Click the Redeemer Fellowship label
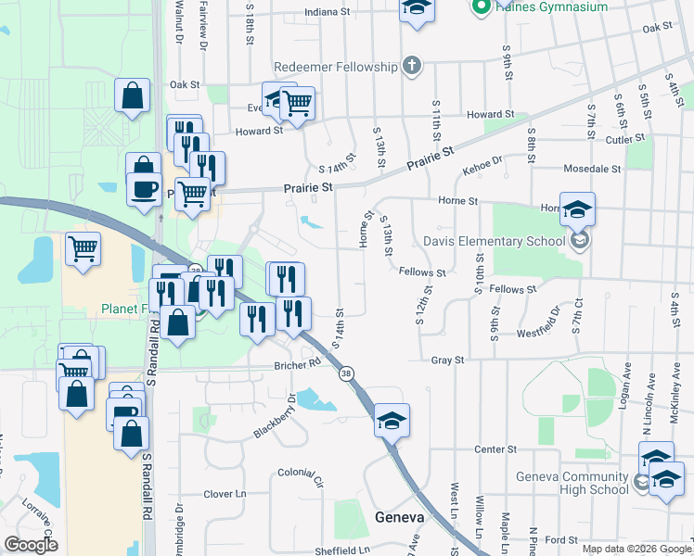coord(336,67)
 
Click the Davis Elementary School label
coord(494,242)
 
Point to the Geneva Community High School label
coord(572,483)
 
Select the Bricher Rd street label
coord(298,366)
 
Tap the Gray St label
coord(447,360)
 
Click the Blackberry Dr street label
coord(275,419)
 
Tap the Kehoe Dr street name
coord(482,167)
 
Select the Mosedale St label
coord(592,169)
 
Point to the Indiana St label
coord(330,13)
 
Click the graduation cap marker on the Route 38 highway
coord(392,422)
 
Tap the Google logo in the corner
coord(30,545)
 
